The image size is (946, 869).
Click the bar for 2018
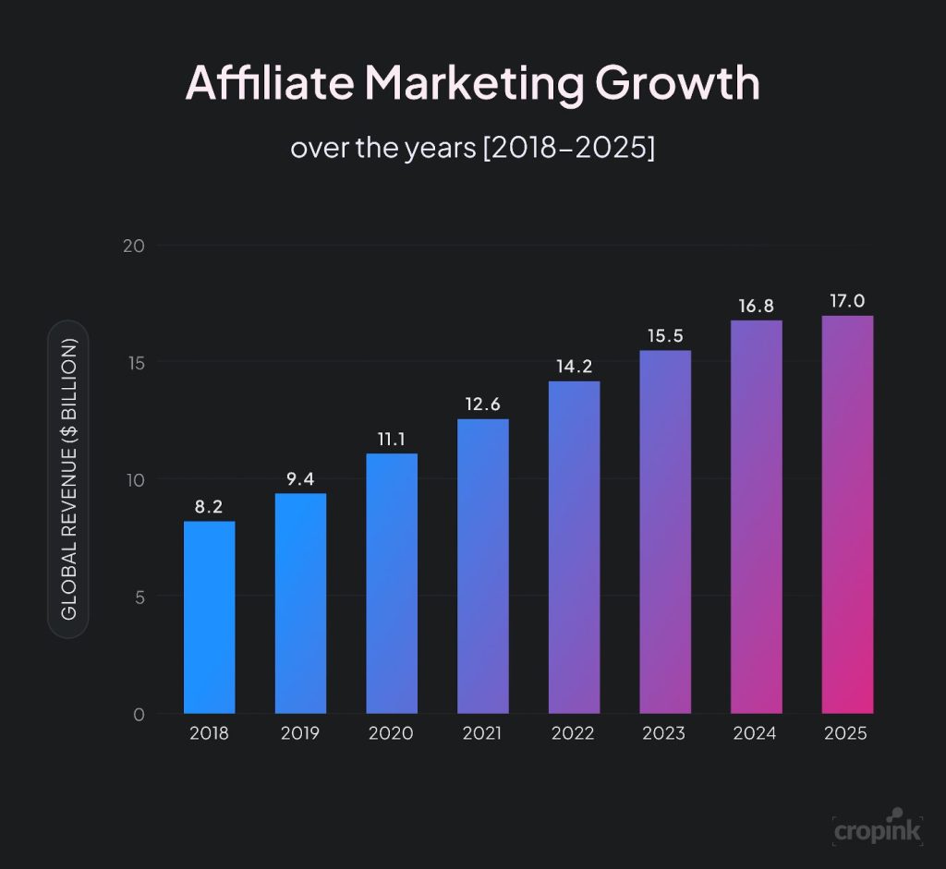click(209, 617)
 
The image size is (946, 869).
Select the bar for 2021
click(482, 565)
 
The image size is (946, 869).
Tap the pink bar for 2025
click(847, 514)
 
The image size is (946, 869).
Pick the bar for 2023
click(664, 532)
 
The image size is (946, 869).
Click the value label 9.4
click(300, 478)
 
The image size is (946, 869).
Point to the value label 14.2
click(574, 366)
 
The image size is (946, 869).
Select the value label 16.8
click(756, 306)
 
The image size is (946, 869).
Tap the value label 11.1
click(392, 439)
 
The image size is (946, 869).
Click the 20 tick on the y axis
click(134, 246)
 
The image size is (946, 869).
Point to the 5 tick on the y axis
click(139, 597)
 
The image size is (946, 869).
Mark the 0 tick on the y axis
click(139, 714)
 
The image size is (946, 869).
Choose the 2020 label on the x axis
click(391, 734)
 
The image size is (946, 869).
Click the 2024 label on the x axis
click(756, 734)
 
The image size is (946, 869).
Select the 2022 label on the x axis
click(573, 734)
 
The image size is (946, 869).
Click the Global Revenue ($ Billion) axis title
click(68, 478)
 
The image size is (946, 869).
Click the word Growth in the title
click(677, 83)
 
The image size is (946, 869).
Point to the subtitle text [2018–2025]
click(568, 148)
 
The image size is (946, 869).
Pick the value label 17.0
click(847, 301)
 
